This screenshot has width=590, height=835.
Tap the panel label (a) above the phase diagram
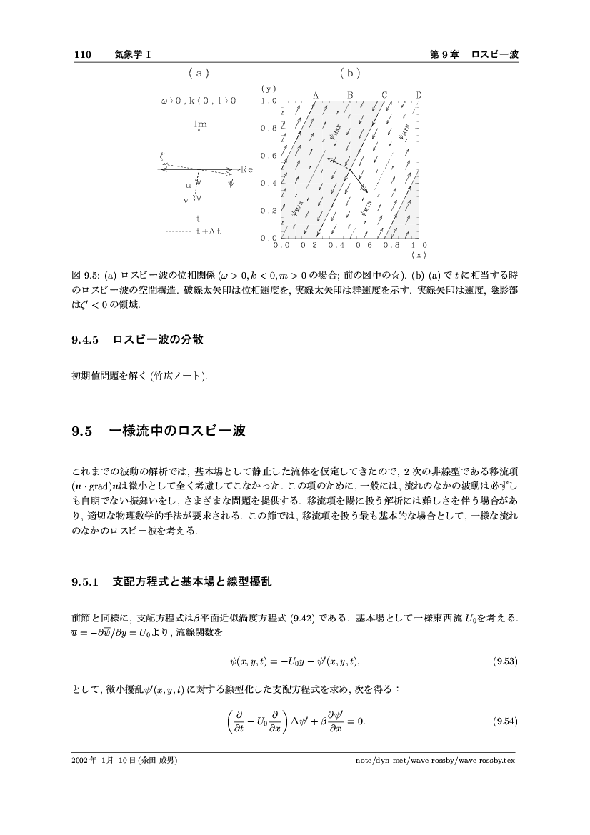198,73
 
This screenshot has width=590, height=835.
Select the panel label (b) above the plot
350,73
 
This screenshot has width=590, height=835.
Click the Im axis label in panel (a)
200,124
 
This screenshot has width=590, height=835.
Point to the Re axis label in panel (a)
247,169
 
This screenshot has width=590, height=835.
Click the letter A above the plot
315,95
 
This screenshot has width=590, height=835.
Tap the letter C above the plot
384,95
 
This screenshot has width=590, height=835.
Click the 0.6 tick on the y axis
268,156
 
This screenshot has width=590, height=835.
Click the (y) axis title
268,89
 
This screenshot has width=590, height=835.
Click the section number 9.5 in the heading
84,431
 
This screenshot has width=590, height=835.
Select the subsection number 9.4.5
89,340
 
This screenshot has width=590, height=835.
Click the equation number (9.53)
505,662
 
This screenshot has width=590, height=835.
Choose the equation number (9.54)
505,719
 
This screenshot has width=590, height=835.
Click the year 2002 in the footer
80,760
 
